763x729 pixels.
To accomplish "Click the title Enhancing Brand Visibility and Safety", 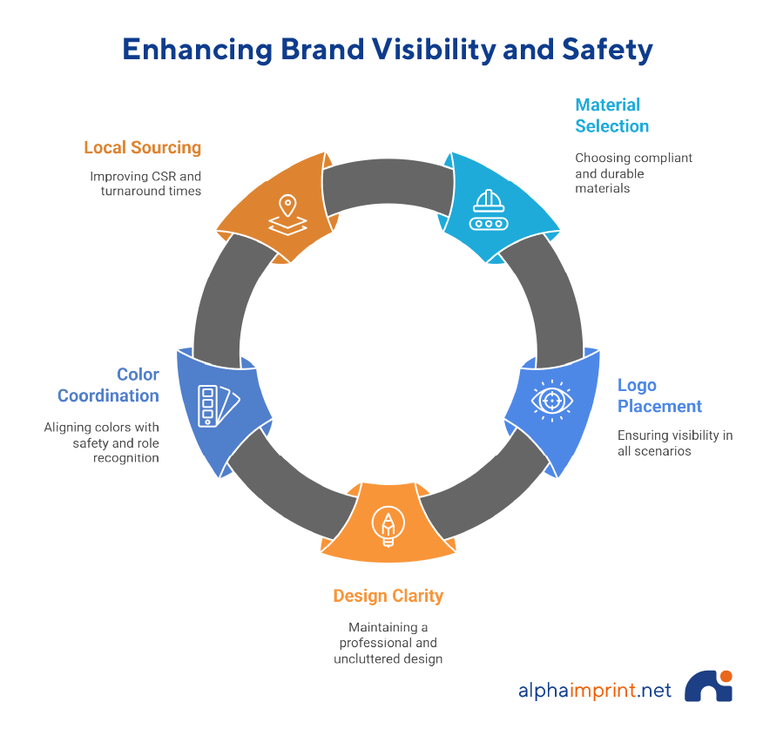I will tap(387, 50).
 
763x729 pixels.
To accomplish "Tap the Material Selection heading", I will tap(611, 115).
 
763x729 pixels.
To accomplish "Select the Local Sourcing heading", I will tap(143, 147).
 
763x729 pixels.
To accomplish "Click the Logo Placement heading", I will tap(659, 395).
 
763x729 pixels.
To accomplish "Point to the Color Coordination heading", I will tap(109, 385).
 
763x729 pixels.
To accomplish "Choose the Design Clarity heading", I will tap(388, 596).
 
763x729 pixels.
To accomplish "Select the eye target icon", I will tap(551, 399).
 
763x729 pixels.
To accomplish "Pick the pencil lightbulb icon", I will tap(387, 526).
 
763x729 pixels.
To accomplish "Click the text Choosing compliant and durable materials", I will tap(633, 172).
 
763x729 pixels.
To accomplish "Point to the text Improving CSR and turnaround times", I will tap(145, 183).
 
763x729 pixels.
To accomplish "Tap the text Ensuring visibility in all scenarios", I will tap(674, 442).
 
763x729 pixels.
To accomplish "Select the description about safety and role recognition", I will tap(102, 442).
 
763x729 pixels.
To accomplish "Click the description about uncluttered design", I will tap(388, 643).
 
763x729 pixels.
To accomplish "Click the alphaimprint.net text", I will tap(595, 691).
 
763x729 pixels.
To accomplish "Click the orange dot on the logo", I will tap(726, 676).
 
